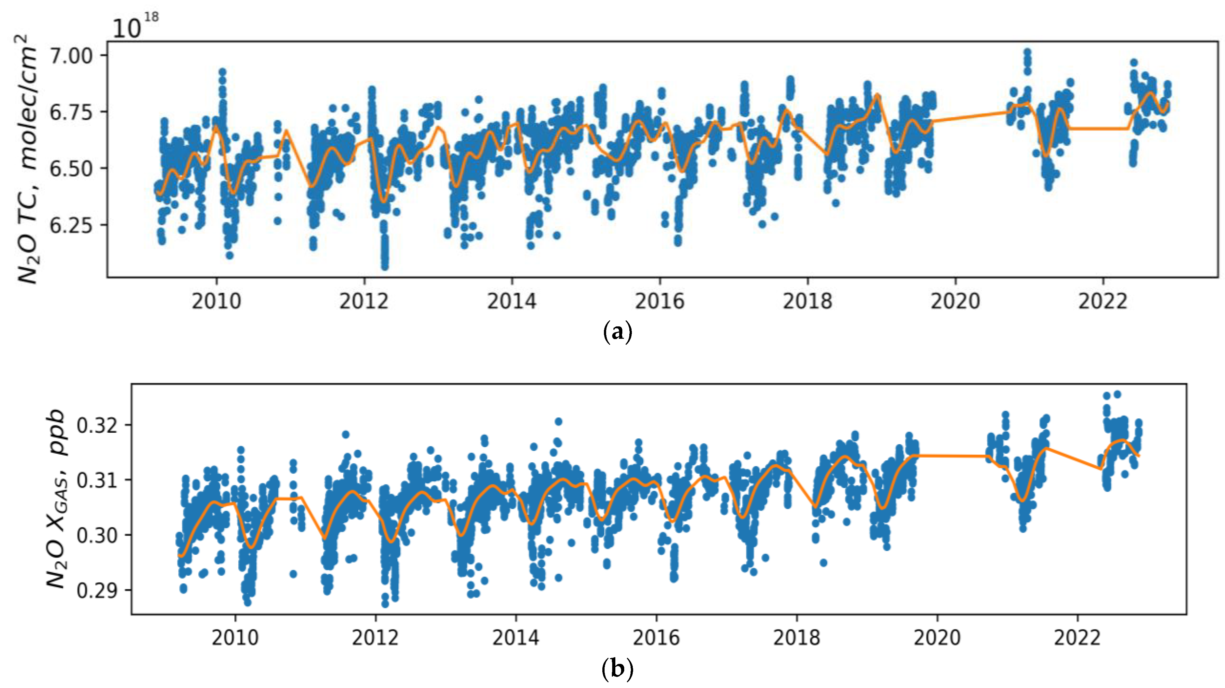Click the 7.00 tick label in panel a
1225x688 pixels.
pos(71,56)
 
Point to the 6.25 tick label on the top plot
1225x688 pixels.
pos(71,225)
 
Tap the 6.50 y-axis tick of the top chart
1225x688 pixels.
pos(71,169)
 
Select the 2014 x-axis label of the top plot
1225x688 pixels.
pos(512,301)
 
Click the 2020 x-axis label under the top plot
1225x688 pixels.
pos(955,301)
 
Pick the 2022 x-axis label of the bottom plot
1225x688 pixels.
pos(1077,638)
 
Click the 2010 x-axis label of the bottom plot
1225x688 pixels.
pos(235,638)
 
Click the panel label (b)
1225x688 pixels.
pos(617,670)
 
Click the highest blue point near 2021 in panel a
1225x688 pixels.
pos(1027,52)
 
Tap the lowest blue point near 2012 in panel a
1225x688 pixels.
pos(385,266)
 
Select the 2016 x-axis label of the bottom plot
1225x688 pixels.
pos(656,638)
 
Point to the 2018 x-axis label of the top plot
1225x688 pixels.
pos(807,301)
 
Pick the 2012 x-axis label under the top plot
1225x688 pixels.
pos(364,301)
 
